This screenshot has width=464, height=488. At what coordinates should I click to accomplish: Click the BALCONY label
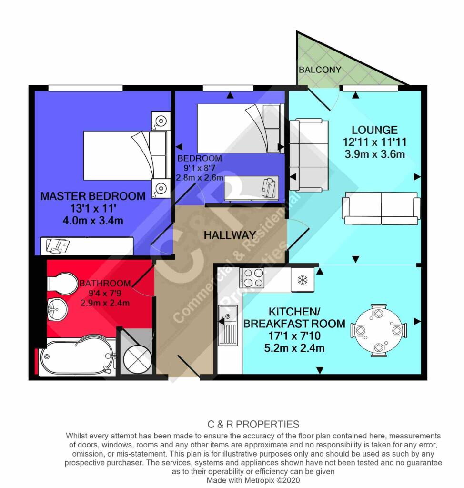tap(320, 70)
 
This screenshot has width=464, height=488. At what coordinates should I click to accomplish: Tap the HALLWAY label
tap(230, 235)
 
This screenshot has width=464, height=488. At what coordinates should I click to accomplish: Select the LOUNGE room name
tap(375, 130)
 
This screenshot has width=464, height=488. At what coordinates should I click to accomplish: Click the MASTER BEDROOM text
tap(93, 196)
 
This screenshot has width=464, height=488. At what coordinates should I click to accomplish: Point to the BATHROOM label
tap(105, 283)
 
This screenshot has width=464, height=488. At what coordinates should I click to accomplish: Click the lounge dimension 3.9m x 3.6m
tap(375, 154)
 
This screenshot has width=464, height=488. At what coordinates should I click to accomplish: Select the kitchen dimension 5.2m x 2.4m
tap(294, 347)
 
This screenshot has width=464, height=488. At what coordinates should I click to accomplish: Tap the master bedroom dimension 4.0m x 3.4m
tap(93, 221)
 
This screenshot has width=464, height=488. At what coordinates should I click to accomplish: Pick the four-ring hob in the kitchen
tap(252, 278)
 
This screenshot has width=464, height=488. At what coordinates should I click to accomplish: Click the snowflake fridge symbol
tap(302, 280)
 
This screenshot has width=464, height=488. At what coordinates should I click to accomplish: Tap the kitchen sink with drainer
tap(228, 325)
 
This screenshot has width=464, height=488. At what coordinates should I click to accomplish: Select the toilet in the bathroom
tap(62, 283)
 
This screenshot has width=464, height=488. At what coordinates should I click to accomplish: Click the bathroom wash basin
tap(58, 309)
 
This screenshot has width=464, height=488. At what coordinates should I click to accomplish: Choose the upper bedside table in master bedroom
tap(161, 121)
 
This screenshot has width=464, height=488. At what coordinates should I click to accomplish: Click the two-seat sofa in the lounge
tap(381, 208)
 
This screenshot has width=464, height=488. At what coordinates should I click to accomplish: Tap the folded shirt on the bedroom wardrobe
tap(269, 187)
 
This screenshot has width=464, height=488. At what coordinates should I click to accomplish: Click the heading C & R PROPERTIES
tap(253, 424)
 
